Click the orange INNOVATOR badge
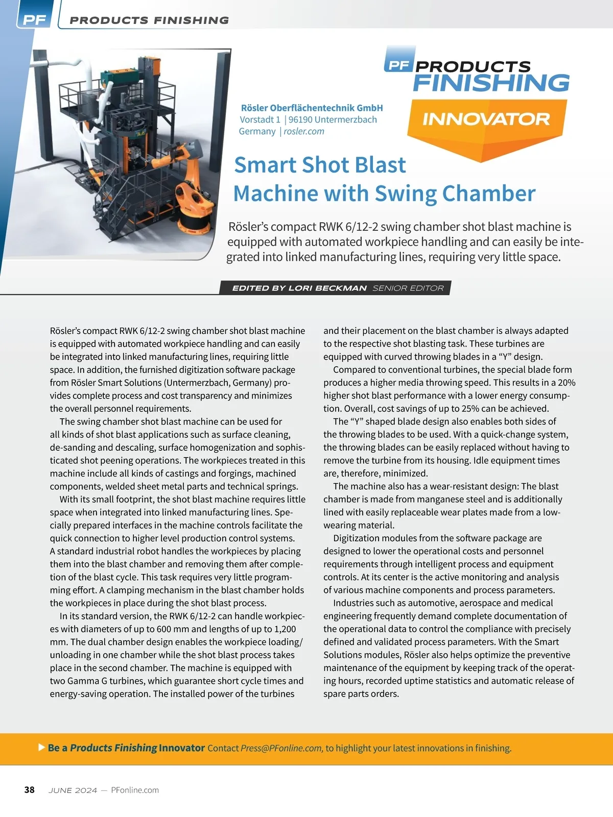(x=486, y=119)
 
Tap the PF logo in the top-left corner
(x=34, y=19)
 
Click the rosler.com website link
(x=304, y=131)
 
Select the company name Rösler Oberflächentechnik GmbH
(x=312, y=108)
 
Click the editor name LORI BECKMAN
(x=327, y=288)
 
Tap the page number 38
(x=30, y=790)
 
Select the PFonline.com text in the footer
(x=135, y=790)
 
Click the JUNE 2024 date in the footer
(x=73, y=790)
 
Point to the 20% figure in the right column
(x=566, y=382)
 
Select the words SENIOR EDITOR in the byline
(x=408, y=288)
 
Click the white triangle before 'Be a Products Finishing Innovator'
(x=42, y=748)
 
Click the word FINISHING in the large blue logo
(x=491, y=83)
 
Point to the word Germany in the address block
(x=257, y=131)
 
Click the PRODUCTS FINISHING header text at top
(x=149, y=20)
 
